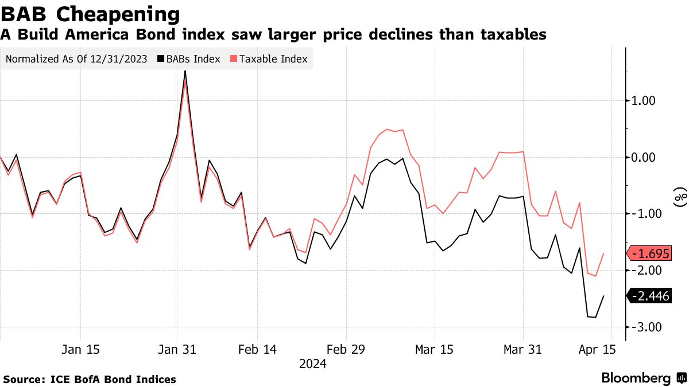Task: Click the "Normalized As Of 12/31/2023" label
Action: (76, 59)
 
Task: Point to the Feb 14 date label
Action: (257, 349)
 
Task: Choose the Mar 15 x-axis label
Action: (435, 349)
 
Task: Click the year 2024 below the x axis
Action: (313, 363)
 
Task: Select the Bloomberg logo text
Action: (636, 378)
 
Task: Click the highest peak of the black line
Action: (185, 71)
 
